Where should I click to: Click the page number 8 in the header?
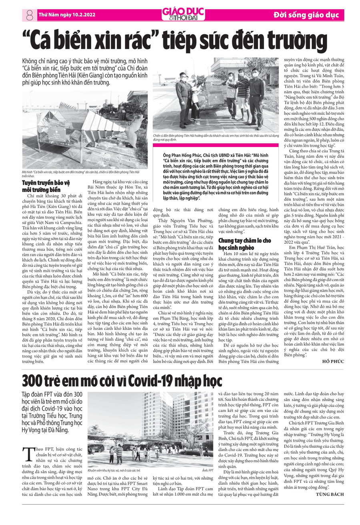pos(29,15)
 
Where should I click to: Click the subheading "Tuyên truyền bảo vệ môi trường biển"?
pos(46,186)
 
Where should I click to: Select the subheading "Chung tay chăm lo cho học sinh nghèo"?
pos(250,244)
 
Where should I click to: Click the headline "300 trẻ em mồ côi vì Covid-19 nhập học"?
pos(122,381)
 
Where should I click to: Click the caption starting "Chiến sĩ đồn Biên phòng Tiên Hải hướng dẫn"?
pos(216,138)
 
